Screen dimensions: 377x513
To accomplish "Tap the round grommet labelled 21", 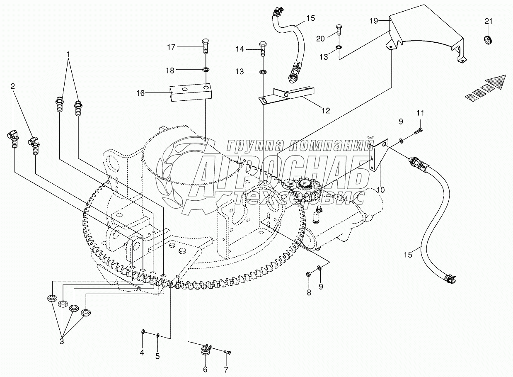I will [x=488, y=41].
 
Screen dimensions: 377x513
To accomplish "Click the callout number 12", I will [x=325, y=110].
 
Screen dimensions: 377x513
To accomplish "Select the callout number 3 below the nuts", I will [x=62, y=341].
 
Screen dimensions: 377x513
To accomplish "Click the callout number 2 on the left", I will [x=13, y=86].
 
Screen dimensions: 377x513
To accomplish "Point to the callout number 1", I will [x=69, y=54].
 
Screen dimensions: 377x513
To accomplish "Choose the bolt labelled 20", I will [x=339, y=30].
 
